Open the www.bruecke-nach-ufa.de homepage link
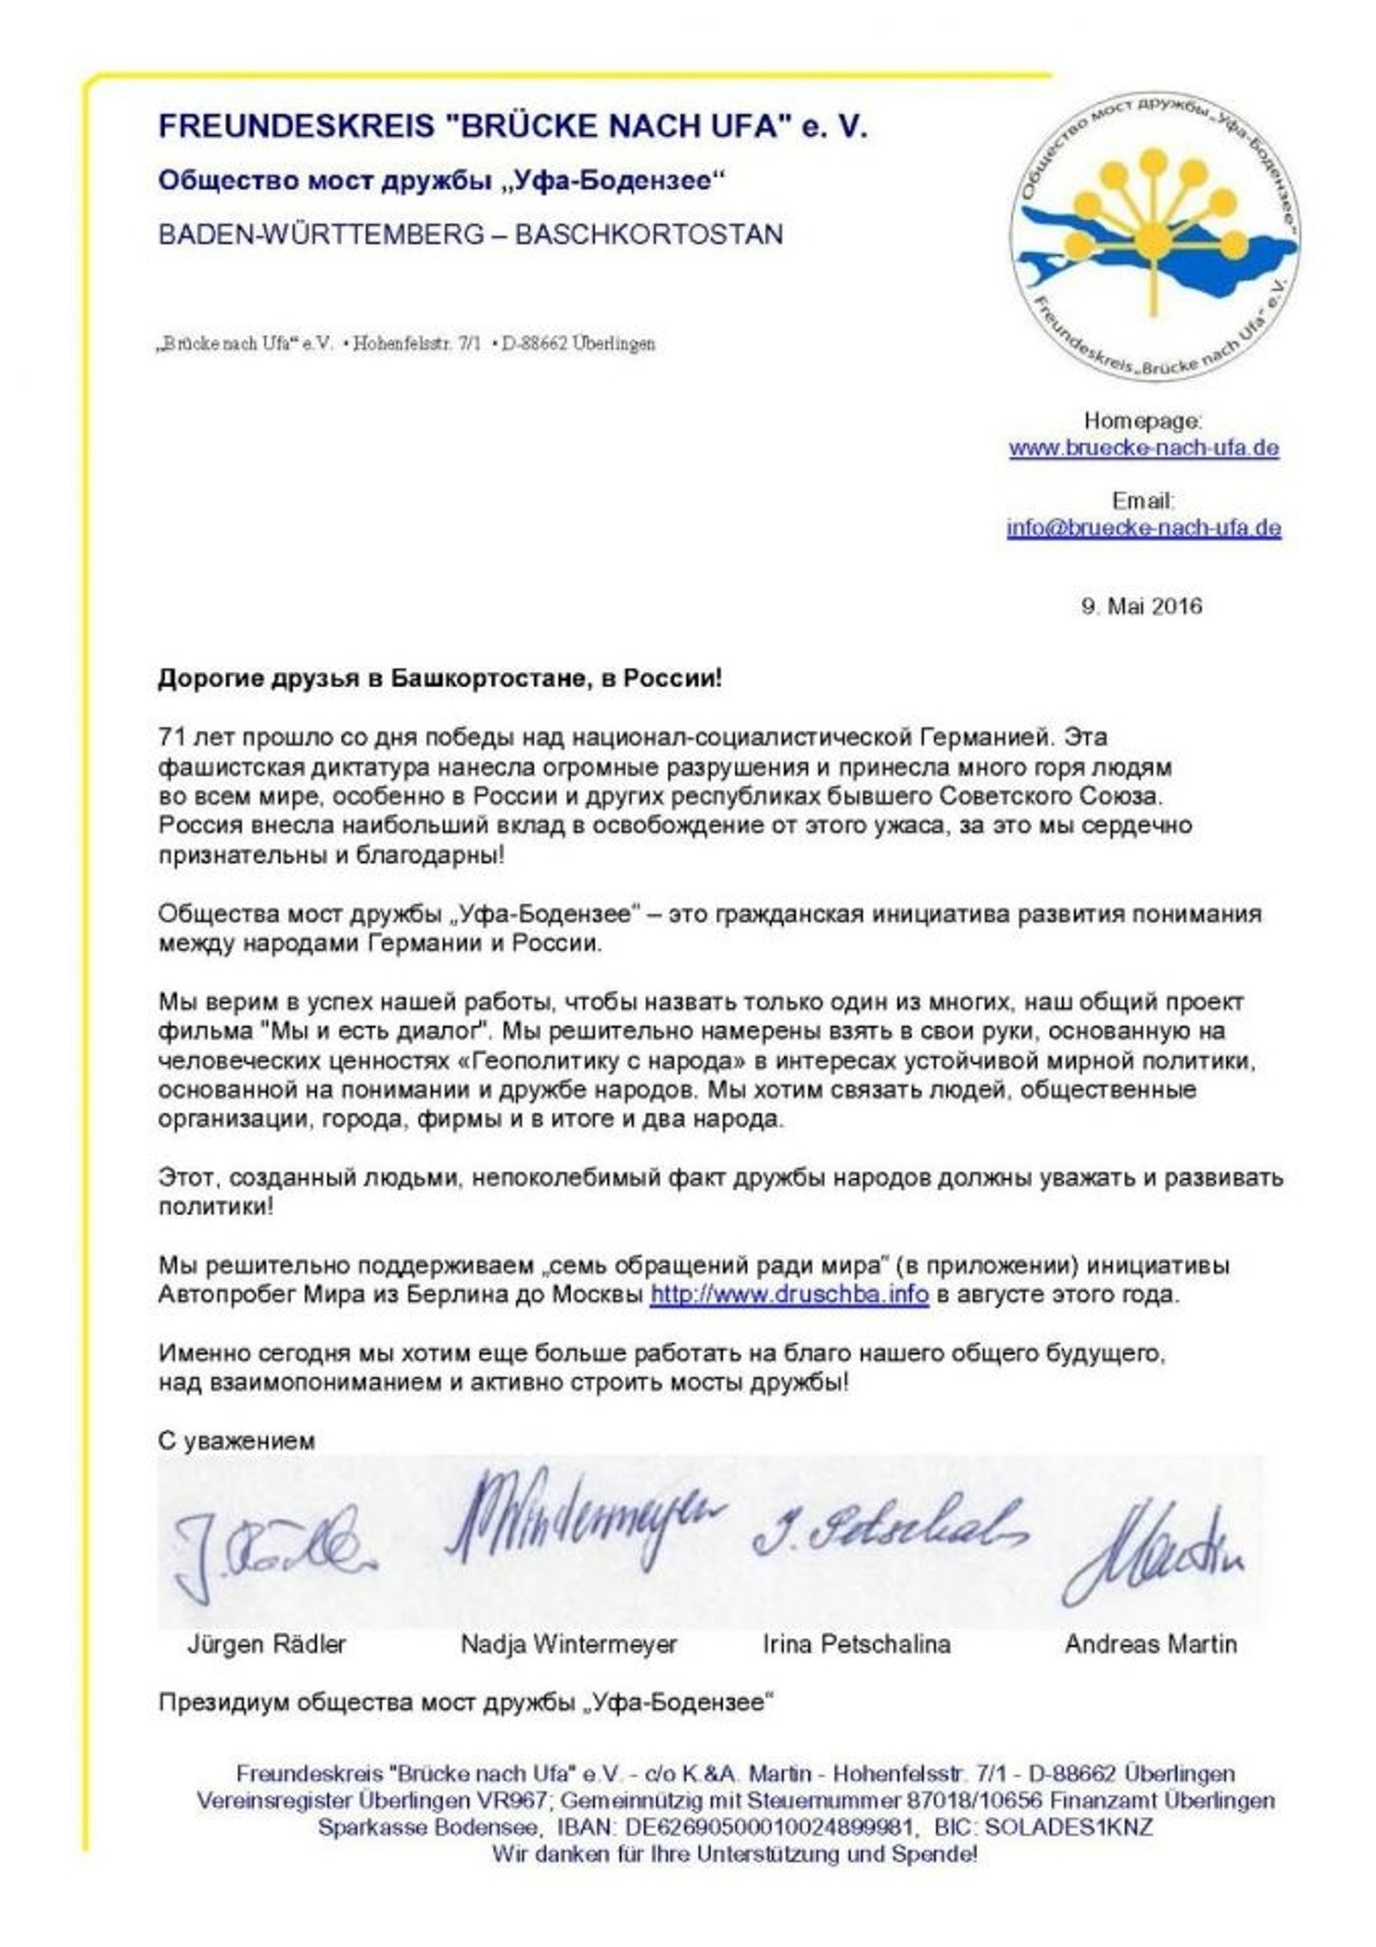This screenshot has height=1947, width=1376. point(1143,447)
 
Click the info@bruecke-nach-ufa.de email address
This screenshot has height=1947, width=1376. point(1143,527)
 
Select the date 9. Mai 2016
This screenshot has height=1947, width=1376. point(1141,606)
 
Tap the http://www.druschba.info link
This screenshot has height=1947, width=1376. point(789,1294)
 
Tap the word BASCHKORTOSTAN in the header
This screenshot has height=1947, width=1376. point(648,235)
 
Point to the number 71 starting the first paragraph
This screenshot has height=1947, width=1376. point(169,737)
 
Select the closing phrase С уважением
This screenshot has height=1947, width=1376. point(236,1440)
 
